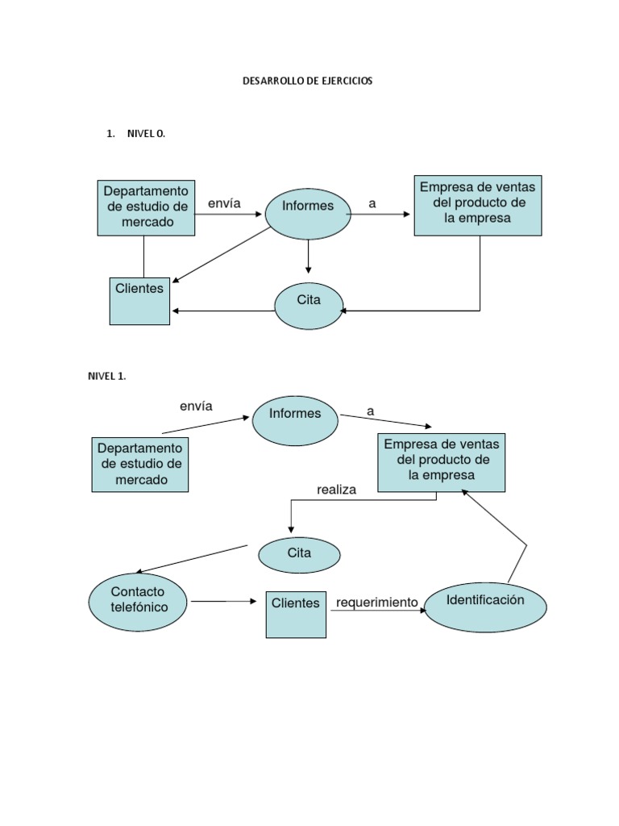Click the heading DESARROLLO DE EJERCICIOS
click(308, 81)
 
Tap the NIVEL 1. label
click(107, 376)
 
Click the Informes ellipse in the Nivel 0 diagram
click(308, 213)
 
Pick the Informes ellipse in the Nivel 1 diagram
click(295, 419)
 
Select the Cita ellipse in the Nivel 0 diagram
click(309, 306)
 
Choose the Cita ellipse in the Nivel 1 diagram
click(299, 555)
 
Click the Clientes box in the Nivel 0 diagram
click(139, 301)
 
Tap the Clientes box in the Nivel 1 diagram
click(296, 614)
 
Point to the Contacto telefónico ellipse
click(139, 602)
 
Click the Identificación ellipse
click(485, 607)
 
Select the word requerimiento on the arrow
click(377, 603)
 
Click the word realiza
click(336, 489)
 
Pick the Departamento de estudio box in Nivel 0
click(146, 207)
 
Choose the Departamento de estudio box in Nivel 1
click(140, 465)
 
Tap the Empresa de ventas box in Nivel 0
click(478, 205)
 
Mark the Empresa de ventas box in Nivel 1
click(442, 462)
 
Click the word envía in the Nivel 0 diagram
click(224, 204)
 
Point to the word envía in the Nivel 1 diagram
click(196, 407)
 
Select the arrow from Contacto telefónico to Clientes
click(223, 602)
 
